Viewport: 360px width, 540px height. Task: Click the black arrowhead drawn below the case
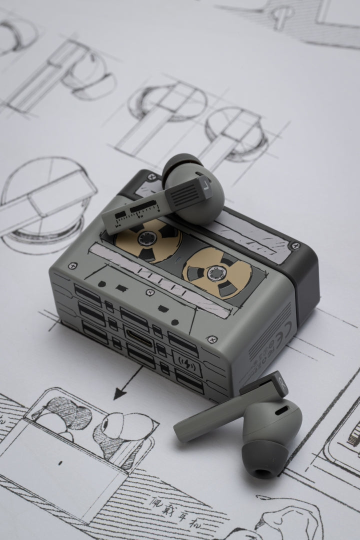(119, 394)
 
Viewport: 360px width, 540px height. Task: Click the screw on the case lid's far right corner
(295, 245)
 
